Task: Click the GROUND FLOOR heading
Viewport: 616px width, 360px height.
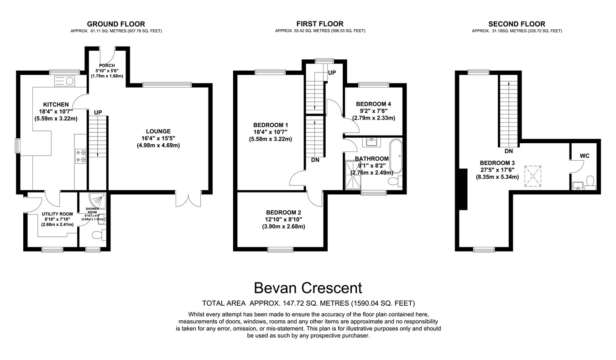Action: coord(116,24)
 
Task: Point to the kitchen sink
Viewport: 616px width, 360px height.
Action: coord(64,81)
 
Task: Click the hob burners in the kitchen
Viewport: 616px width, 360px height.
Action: coord(81,156)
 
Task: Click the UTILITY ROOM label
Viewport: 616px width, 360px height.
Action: coord(55,214)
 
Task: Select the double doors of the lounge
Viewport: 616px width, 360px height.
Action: coord(188,199)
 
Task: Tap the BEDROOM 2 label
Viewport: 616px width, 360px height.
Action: coord(283,212)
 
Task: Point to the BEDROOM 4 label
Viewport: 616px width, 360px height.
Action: coord(373,104)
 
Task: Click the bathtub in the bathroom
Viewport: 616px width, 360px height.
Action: coord(396,156)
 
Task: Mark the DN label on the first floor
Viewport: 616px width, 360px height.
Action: coord(315,160)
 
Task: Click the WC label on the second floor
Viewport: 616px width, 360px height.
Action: coord(585,156)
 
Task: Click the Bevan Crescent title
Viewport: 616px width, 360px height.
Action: coord(308,288)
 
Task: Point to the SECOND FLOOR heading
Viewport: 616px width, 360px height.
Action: coord(517,24)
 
